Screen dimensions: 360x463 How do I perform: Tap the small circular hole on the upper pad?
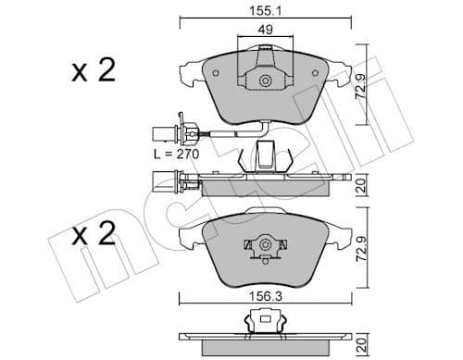click(265, 81)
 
